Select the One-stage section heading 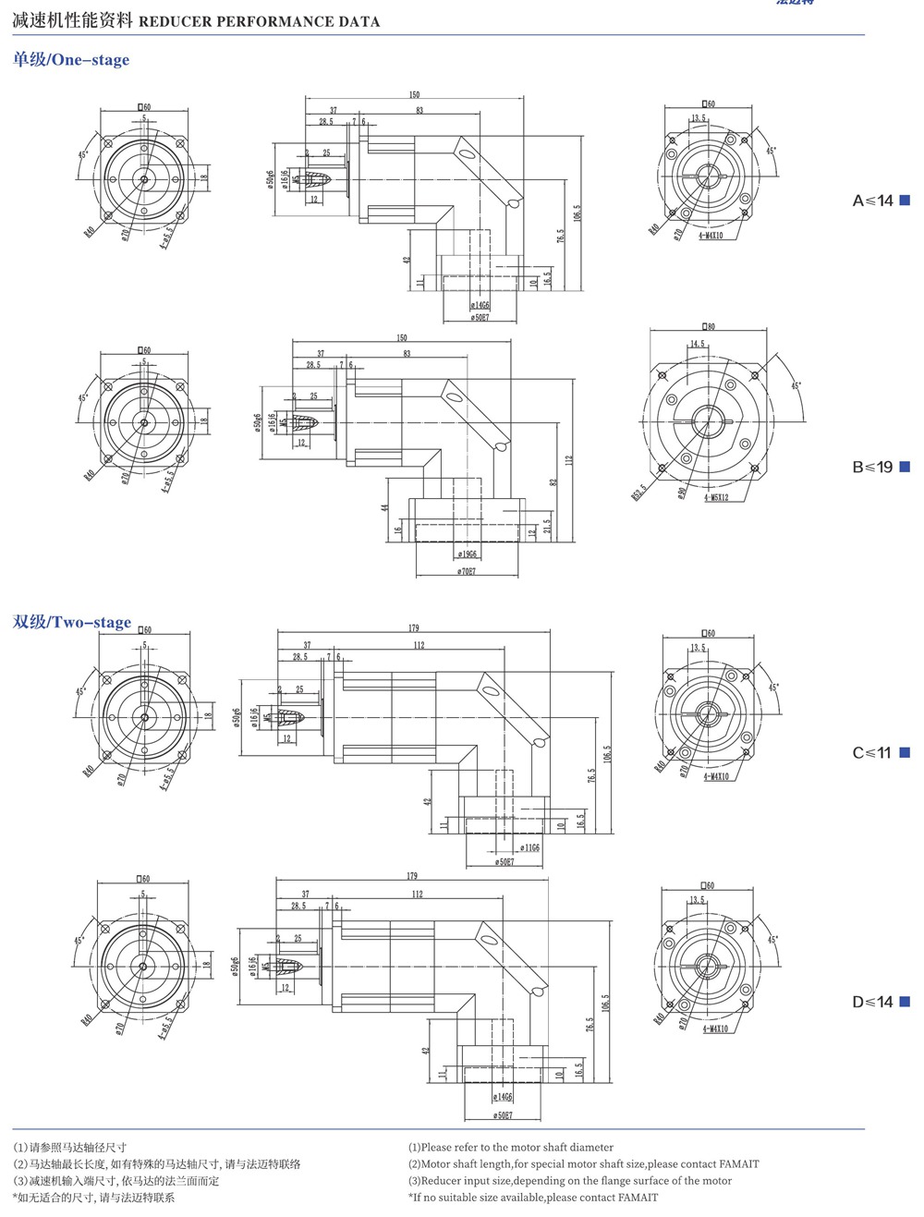click(x=71, y=60)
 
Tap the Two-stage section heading click(x=72, y=622)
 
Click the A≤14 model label click(x=872, y=201)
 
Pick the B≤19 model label click(x=872, y=467)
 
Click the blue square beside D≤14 click(x=906, y=1002)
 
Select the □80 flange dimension click(x=709, y=326)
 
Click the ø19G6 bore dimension click(x=467, y=554)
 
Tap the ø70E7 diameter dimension click(x=467, y=572)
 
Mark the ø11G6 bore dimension click(x=529, y=847)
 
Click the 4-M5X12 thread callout click(x=715, y=497)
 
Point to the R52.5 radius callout click(x=638, y=491)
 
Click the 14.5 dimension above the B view click(x=696, y=344)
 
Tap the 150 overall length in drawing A click(x=414, y=95)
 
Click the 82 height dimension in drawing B click(x=553, y=482)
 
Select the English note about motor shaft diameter click(x=510, y=1147)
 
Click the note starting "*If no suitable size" click(x=533, y=1197)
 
